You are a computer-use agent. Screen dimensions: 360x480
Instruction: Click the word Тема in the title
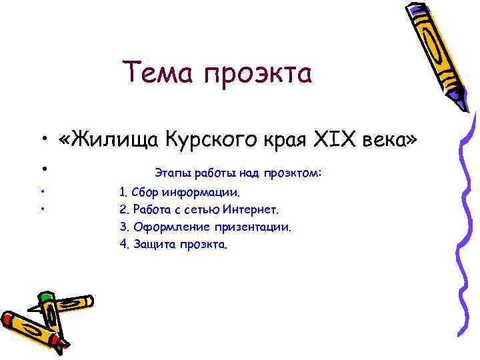tap(153, 73)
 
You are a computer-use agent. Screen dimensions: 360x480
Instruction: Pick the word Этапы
tap(170, 173)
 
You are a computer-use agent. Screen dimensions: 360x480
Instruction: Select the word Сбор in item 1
tap(145, 193)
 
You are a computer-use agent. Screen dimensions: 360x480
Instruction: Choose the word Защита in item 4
tap(153, 244)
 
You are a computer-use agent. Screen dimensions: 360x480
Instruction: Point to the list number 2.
tap(123, 210)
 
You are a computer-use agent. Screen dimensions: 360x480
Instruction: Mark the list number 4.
tap(123, 244)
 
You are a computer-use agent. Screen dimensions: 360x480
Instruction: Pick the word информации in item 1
tap(198, 193)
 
